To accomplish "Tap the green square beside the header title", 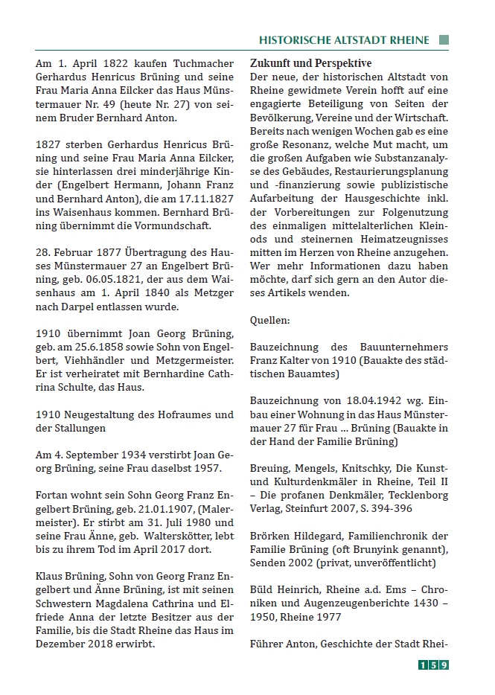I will click(x=444, y=40).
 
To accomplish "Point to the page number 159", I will click(x=432, y=665).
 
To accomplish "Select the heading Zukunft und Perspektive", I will click(x=310, y=63).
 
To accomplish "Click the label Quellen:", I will click(x=269, y=321).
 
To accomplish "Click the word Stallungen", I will click(x=76, y=428).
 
